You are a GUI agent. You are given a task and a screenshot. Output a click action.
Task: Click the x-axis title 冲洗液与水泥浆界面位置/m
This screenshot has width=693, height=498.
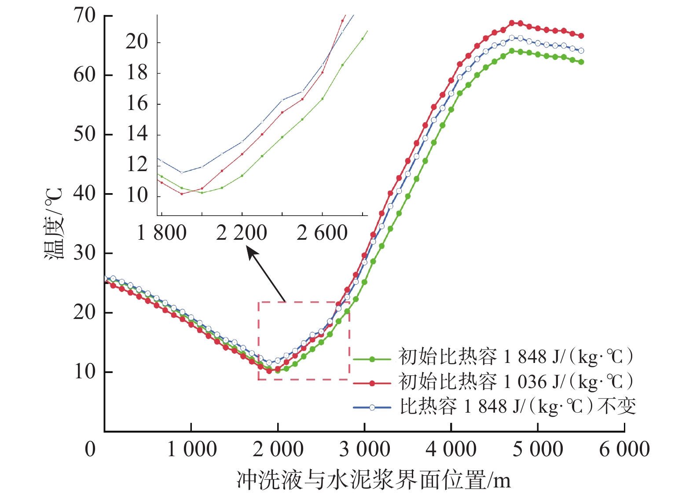[x=374, y=480]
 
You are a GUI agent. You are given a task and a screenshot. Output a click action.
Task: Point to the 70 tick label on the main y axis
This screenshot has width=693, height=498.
[x=84, y=16]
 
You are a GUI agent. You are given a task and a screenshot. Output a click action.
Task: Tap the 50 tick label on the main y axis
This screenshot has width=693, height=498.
[x=84, y=134]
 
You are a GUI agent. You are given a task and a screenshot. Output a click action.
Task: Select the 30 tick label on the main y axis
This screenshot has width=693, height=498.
[x=84, y=253]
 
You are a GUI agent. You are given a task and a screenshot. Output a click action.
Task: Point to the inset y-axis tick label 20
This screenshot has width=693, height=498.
[x=137, y=42]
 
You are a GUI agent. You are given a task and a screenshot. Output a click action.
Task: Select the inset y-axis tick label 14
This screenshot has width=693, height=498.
[x=137, y=134]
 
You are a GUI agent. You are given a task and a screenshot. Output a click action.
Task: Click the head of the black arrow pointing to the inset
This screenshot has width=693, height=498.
[x=249, y=249]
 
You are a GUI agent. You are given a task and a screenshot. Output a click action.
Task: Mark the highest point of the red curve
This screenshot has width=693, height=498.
[x=512, y=23]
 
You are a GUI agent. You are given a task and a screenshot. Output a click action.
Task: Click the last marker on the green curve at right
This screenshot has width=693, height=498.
[x=581, y=62]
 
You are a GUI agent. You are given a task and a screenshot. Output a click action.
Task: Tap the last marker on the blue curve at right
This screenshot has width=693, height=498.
[x=581, y=51]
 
